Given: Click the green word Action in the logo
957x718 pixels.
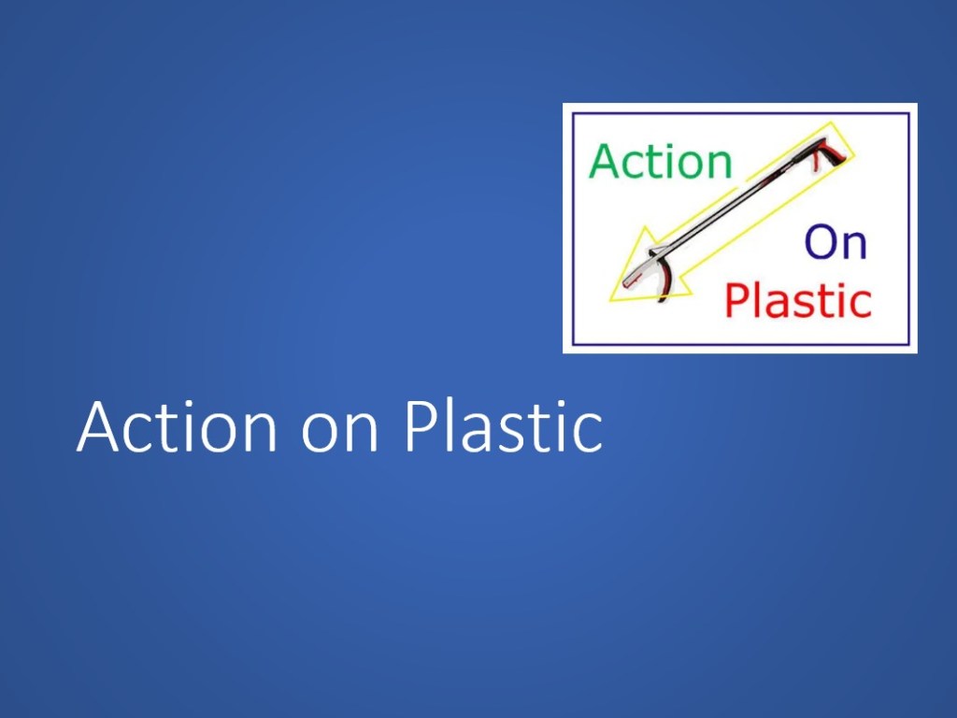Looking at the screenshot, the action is (x=661, y=161).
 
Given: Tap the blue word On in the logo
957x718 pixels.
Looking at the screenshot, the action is (x=836, y=242).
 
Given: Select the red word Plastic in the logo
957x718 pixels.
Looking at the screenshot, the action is (x=798, y=300).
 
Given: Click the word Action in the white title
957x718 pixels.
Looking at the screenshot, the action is (x=177, y=426).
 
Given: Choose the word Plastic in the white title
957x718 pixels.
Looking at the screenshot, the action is (x=504, y=426).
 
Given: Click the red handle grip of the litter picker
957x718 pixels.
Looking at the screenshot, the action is (x=831, y=152).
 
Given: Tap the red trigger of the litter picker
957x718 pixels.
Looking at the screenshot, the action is (x=816, y=164).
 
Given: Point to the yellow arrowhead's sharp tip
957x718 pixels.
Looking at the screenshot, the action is (x=610, y=300).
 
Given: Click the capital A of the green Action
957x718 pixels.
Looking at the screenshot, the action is (x=605, y=161).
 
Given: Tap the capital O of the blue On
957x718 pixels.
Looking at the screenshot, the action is (x=821, y=242).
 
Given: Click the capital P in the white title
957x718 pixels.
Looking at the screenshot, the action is (x=421, y=426).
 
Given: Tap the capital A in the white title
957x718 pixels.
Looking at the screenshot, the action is (x=97, y=426).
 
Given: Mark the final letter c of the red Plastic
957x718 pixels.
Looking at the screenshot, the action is (x=861, y=307).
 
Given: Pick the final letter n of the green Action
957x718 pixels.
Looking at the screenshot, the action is (x=721, y=166).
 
